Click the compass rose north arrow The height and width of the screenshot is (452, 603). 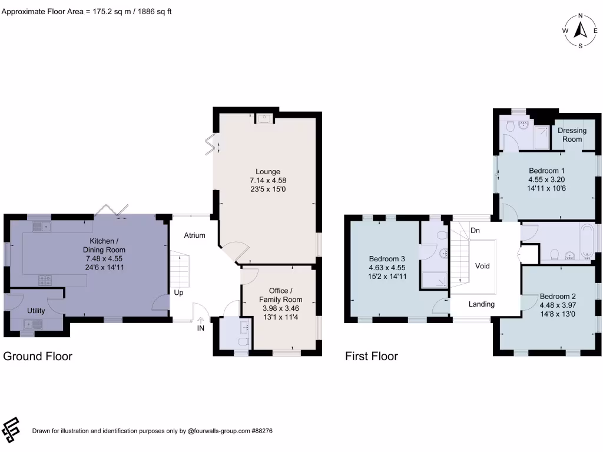[581, 29]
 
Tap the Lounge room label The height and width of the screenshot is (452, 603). [268, 172]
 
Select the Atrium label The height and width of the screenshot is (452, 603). [195, 235]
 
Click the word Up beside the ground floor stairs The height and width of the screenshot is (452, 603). [178, 293]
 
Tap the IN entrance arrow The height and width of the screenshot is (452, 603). [201, 322]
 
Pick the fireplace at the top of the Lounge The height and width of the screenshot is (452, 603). [264, 119]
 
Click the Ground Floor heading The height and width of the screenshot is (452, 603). [38, 356]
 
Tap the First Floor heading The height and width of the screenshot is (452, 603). [372, 356]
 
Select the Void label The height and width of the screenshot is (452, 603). [482, 266]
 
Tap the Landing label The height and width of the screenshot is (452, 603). [482, 304]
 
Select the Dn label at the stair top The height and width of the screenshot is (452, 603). [474, 231]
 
